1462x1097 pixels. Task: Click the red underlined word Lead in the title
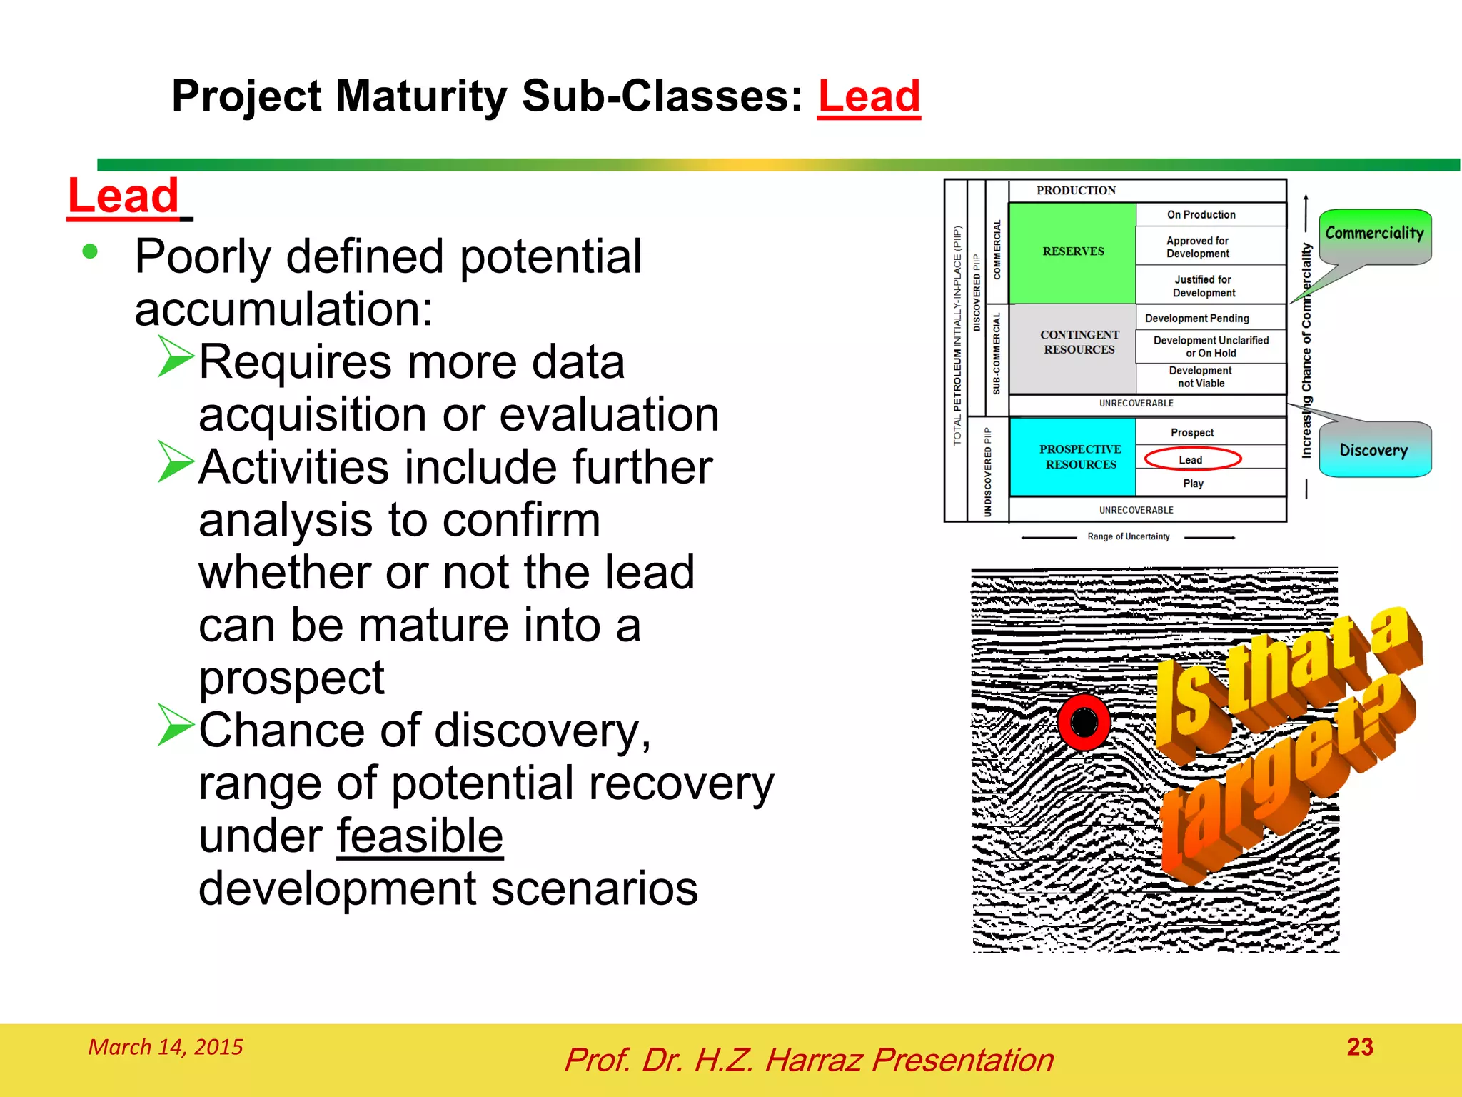coord(869,96)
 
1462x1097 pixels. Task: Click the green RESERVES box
coord(1072,252)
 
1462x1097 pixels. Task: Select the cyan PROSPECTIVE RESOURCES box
coord(1079,457)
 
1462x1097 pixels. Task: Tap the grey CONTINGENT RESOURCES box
coord(1079,343)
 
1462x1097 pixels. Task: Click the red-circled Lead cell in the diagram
coord(1191,459)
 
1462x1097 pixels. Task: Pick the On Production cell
coord(1201,214)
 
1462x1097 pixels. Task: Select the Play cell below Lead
coord(1193,484)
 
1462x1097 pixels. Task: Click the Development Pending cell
coord(1197,319)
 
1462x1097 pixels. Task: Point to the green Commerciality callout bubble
coord(1374,234)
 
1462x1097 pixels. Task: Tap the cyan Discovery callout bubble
coord(1373,451)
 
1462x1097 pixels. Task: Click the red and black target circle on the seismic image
coord(1084,722)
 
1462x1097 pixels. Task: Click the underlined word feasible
coord(420,836)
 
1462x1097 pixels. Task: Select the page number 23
coord(1360,1047)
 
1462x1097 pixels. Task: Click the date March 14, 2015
coord(166,1047)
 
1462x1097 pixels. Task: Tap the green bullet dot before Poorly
coord(90,251)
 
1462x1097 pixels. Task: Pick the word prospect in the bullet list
coord(291,678)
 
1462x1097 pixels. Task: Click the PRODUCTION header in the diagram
coord(1076,191)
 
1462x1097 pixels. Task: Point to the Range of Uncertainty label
coord(1128,536)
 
